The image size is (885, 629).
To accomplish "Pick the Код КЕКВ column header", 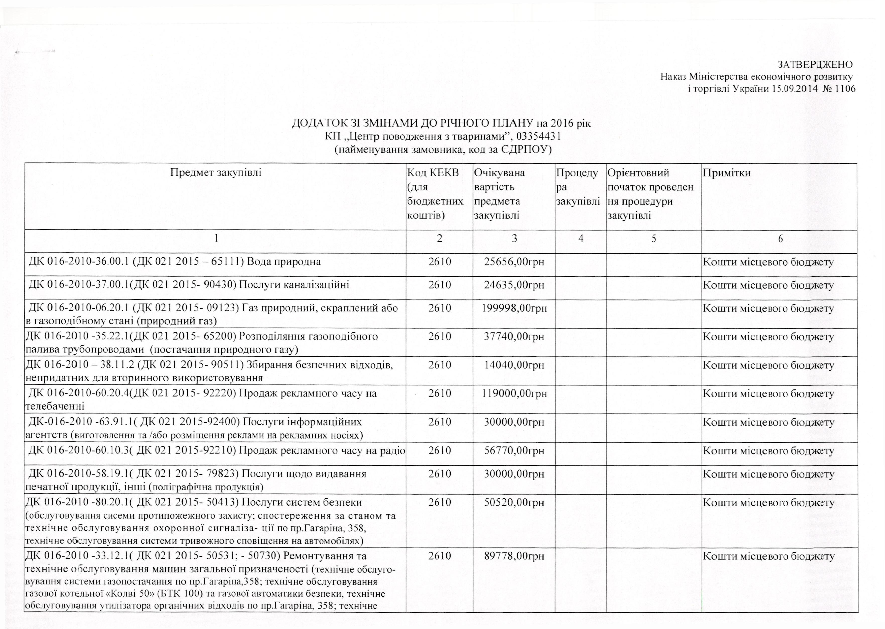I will [435, 194].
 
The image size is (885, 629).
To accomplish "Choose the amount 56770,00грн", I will [514, 451].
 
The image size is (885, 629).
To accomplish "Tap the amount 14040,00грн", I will [514, 365].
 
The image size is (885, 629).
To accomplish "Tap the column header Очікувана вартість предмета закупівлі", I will [500, 194].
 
